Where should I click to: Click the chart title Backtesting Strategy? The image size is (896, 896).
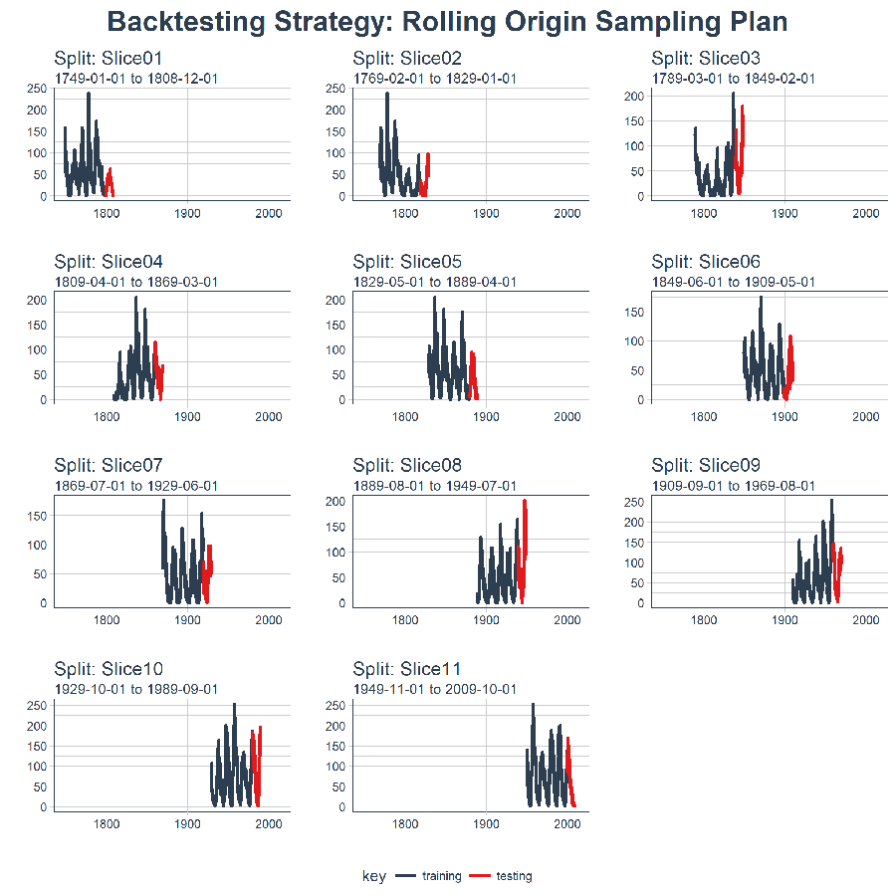pyautogui.click(x=447, y=22)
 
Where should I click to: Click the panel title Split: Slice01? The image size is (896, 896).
pyautogui.click(x=108, y=59)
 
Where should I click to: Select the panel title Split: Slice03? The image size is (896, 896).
pyautogui.click(x=706, y=59)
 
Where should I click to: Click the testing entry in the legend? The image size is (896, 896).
pyautogui.click(x=514, y=876)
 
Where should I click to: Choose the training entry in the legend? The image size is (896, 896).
pyautogui.click(x=441, y=876)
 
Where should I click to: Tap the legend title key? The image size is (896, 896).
pyautogui.click(x=374, y=876)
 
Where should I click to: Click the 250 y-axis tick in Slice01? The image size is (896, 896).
pyautogui.click(x=36, y=89)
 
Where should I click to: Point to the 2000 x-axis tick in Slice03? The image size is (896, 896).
pyautogui.click(x=866, y=213)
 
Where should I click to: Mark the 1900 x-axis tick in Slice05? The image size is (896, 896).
pyautogui.click(x=487, y=416)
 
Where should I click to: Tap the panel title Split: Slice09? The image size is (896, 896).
pyautogui.click(x=706, y=465)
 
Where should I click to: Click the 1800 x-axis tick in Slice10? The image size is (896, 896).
pyautogui.click(x=107, y=823)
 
